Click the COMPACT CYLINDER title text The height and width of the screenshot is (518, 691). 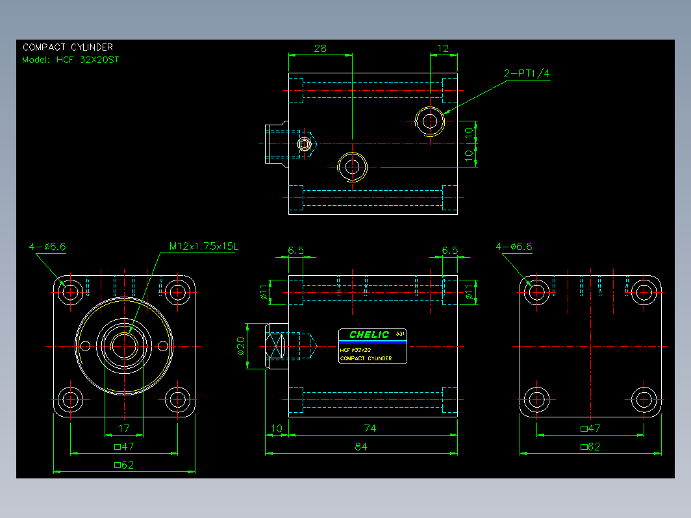[x=68, y=47]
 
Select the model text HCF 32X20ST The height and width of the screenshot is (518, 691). [x=88, y=60]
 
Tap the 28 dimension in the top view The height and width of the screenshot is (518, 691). [x=320, y=49]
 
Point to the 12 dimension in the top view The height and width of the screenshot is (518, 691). [x=443, y=49]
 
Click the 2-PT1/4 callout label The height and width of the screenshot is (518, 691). [x=527, y=73]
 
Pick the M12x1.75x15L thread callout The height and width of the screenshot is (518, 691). [x=204, y=246]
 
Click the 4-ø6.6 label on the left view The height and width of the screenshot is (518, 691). [x=47, y=247]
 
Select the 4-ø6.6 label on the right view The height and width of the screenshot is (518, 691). [x=514, y=247]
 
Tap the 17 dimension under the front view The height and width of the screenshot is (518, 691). [x=124, y=428]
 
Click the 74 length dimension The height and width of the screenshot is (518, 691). [x=370, y=428]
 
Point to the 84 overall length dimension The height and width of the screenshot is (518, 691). [x=361, y=447]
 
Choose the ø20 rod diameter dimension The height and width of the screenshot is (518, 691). [x=240, y=346]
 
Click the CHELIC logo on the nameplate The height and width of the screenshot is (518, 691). [x=370, y=335]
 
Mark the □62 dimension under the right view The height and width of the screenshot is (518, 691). [x=590, y=447]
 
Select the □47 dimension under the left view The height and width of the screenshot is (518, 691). [x=124, y=447]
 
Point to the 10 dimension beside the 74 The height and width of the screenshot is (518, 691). [x=276, y=428]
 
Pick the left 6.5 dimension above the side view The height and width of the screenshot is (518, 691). [x=295, y=251]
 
